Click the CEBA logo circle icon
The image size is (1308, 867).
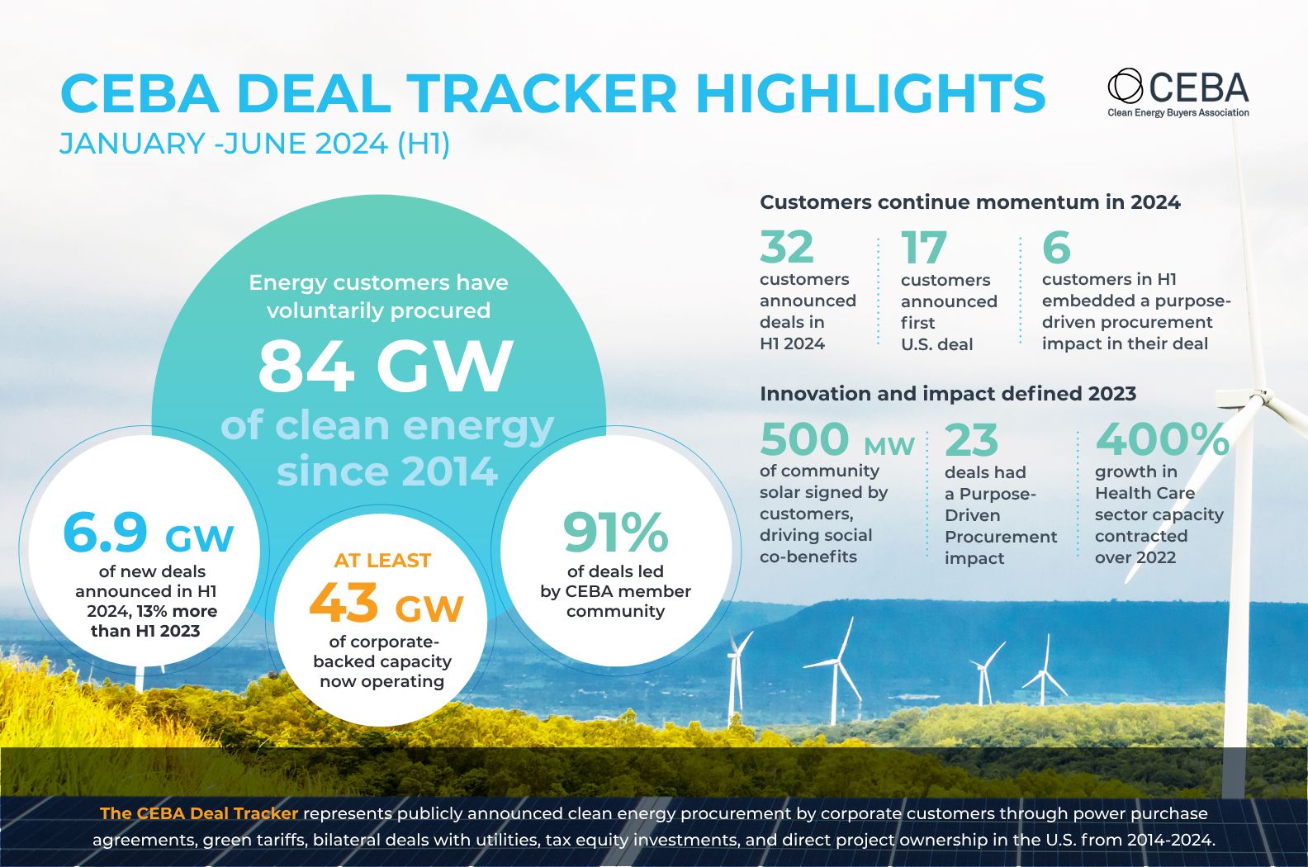(x=1125, y=86)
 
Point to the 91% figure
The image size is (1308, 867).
(x=615, y=533)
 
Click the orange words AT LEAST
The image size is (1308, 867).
(x=382, y=561)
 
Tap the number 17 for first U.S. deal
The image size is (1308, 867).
(x=923, y=247)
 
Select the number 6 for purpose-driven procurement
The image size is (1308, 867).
(x=1056, y=247)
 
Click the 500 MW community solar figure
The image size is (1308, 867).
(x=836, y=439)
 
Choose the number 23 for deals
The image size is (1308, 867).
(x=971, y=440)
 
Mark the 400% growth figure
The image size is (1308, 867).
(x=1162, y=439)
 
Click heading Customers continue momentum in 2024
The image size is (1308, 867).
(x=969, y=202)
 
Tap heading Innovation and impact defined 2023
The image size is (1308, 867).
(x=947, y=394)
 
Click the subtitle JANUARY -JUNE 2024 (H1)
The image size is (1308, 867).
(x=255, y=144)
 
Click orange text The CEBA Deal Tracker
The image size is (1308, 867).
(x=198, y=813)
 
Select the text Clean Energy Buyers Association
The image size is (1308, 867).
(x=1178, y=113)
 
